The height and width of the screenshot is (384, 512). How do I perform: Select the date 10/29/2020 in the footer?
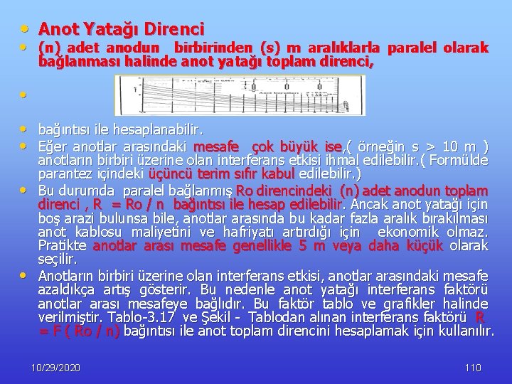pyautogui.click(x=56, y=368)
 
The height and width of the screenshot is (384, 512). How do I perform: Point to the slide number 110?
pyautogui.click(x=472, y=368)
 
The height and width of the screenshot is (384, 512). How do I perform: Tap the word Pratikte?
pyautogui.click(x=63, y=246)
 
